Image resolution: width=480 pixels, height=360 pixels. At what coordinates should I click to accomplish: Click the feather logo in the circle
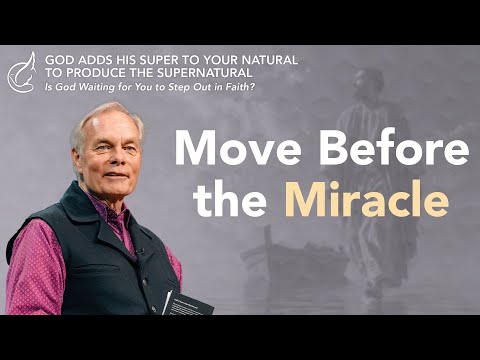click(x=21, y=70)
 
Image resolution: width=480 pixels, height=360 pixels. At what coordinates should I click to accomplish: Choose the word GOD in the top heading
click(x=59, y=59)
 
